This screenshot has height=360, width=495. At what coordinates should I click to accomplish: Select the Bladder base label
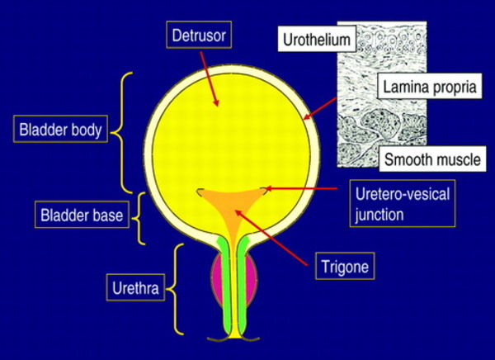81,216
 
